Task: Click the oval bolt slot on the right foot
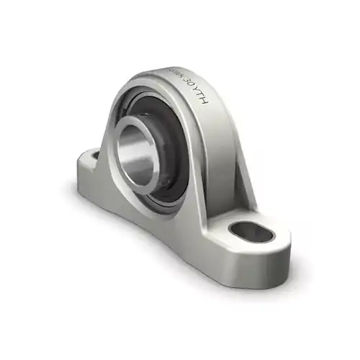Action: [x=246, y=233]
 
